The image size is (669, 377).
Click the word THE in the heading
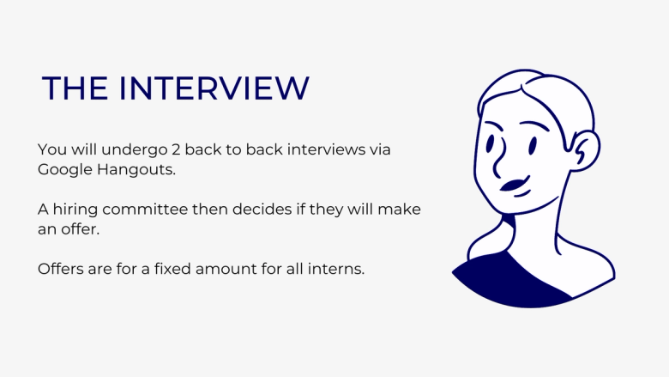coord(75,89)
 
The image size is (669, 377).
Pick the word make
coord(401,210)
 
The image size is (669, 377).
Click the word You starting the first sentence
coord(51,150)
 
